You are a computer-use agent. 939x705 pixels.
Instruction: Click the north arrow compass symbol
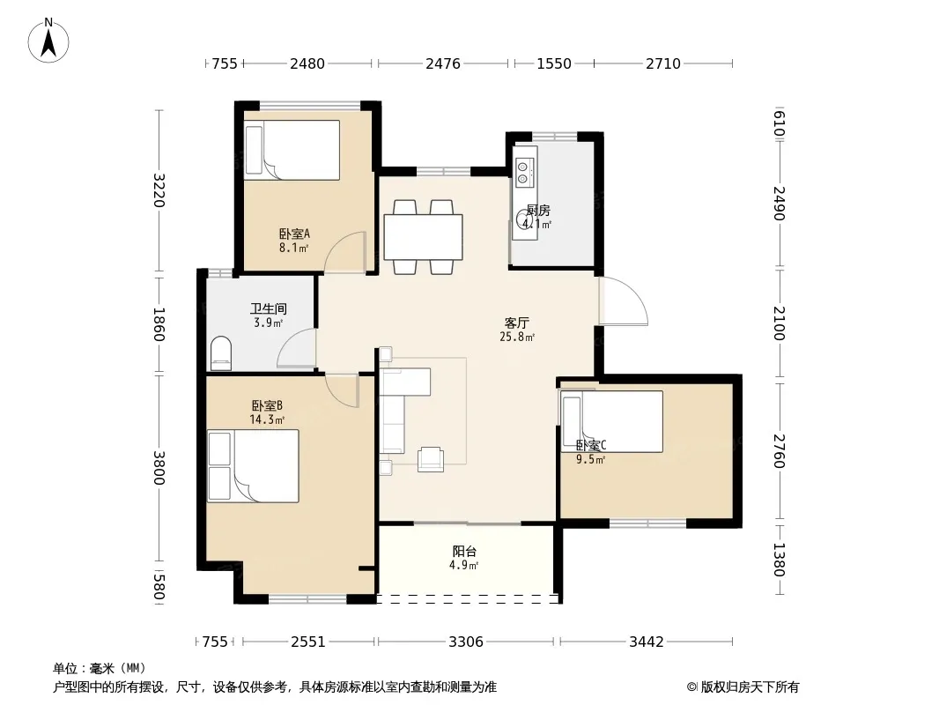(48, 41)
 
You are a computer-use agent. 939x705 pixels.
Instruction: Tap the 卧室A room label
(294, 234)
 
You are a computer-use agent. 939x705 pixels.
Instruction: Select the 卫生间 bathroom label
(269, 309)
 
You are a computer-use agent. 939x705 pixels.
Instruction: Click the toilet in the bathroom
(221, 352)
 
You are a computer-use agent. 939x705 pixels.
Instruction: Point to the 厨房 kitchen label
(538, 211)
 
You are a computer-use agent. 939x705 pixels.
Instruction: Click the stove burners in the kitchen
(523, 171)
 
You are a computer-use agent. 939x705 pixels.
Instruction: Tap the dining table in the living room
(423, 236)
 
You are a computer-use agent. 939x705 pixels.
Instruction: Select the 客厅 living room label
(517, 323)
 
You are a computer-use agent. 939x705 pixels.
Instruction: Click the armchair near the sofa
(431, 459)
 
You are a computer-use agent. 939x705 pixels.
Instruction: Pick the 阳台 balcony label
(464, 551)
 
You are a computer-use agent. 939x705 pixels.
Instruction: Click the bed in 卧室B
(253, 466)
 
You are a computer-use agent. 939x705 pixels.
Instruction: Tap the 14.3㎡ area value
(267, 419)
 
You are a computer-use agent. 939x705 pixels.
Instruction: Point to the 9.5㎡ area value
(590, 460)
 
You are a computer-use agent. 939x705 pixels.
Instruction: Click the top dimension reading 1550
(554, 63)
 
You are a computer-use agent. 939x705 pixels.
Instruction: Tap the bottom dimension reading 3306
(466, 642)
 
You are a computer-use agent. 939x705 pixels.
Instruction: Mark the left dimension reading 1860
(159, 324)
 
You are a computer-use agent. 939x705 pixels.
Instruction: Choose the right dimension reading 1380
(779, 560)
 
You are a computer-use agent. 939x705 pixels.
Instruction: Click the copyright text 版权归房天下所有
(749, 687)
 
